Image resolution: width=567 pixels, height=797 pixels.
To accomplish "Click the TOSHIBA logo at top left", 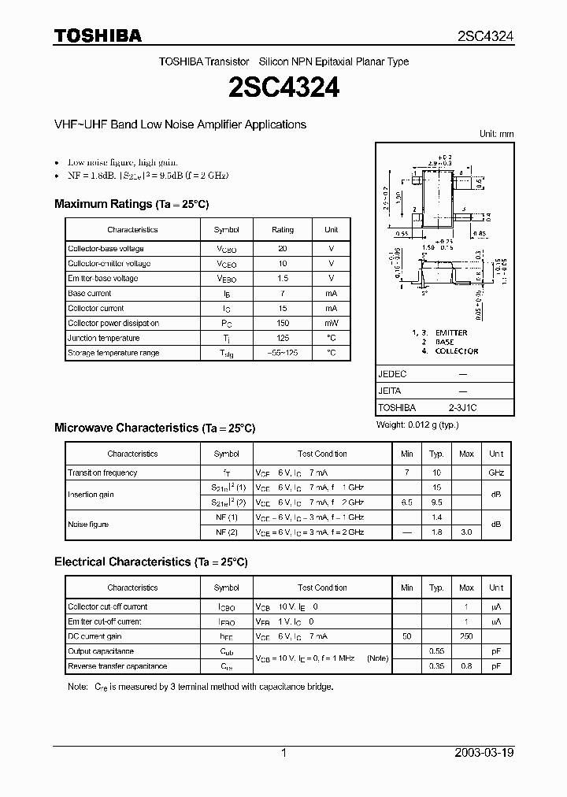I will point(97,35).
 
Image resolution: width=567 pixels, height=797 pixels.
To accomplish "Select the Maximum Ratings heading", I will point(132,204).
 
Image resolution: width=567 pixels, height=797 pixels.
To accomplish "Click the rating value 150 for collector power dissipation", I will point(283,324).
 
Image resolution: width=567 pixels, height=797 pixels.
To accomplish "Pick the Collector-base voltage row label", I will point(106,249).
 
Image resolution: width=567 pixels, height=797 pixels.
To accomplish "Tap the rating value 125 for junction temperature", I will point(283,339).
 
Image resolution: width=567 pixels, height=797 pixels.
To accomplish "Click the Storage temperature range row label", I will point(113,354).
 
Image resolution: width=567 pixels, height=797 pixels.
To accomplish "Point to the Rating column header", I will point(283,230).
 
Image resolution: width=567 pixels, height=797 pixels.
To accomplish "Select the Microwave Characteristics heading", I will point(154,428).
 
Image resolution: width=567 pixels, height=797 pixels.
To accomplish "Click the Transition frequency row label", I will point(102,473).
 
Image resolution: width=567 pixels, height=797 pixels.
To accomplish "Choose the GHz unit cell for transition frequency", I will point(496,473).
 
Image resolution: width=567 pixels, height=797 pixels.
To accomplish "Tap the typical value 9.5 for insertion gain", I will point(436,502).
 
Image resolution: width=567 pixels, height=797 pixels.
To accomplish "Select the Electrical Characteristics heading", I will point(150,562).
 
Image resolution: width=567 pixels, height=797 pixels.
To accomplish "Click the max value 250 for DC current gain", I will point(466,636).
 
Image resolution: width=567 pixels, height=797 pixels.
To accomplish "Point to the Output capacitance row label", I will point(101,651).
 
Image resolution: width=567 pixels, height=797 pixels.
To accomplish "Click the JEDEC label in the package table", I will point(391,375).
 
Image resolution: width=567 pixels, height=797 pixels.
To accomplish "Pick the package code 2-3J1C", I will point(462,408).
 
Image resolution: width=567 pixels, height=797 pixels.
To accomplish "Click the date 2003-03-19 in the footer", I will point(484,753).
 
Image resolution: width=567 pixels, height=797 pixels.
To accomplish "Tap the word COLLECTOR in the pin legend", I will point(457,351).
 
